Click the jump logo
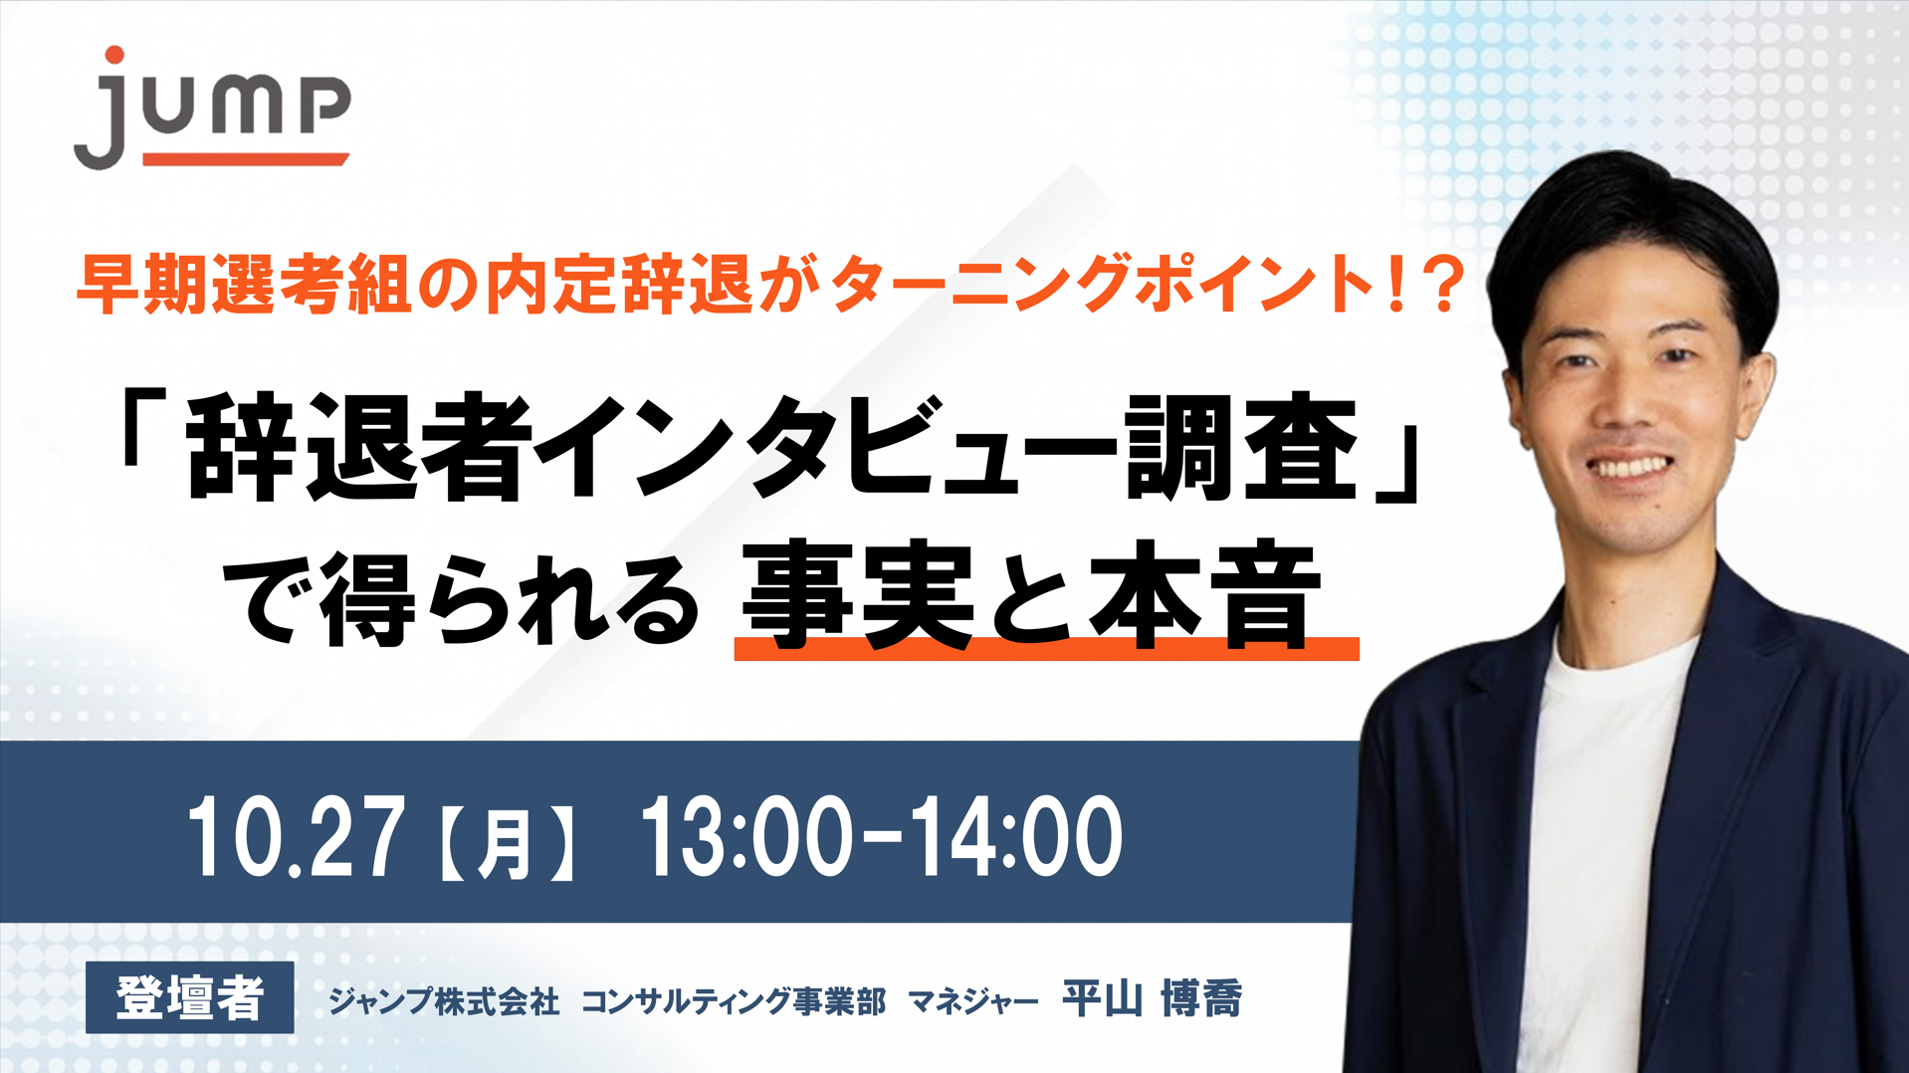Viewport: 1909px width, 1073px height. (x=212, y=107)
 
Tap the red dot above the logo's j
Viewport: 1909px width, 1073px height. (x=114, y=55)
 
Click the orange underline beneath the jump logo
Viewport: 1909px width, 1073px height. (x=245, y=159)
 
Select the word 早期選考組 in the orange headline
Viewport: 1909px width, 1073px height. (x=244, y=285)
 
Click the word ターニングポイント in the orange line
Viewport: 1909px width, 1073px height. (x=1102, y=285)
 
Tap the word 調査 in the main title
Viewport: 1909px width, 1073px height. (x=1242, y=447)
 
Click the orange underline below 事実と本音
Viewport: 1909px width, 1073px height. (x=1046, y=649)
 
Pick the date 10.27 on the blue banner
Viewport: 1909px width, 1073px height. (x=296, y=836)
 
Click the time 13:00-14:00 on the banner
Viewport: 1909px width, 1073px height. (x=882, y=836)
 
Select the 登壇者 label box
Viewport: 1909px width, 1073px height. (x=189, y=997)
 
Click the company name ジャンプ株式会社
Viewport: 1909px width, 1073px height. (x=444, y=1000)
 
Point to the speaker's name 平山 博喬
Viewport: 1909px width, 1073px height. (x=1153, y=998)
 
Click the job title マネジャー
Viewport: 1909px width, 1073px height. (x=973, y=1001)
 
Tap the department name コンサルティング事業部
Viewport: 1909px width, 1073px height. (x=734, y=1000)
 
